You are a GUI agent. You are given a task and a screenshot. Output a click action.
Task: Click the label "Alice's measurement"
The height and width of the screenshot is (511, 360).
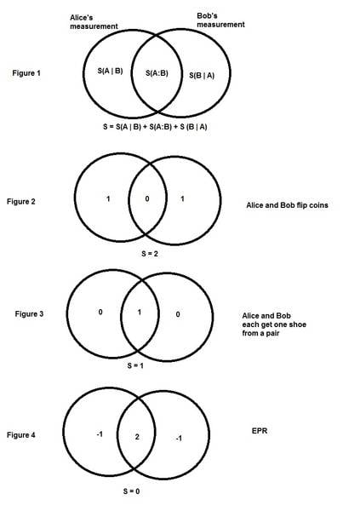coord(94,22)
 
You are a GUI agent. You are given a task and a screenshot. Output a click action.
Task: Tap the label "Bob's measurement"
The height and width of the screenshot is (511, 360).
coord(220,20)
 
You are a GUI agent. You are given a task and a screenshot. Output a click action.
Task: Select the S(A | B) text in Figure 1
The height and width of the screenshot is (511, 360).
coord(110,71)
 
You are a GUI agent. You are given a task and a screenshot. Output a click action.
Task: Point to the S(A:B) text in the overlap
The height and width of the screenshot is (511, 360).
coord(157,73)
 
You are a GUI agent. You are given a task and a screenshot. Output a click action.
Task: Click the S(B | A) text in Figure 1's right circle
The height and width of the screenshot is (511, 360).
coord(202,76)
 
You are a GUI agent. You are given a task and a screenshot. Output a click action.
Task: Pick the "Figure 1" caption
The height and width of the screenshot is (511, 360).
coord(26,73)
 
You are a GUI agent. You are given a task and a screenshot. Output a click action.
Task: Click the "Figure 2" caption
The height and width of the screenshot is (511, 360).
coord(20,201)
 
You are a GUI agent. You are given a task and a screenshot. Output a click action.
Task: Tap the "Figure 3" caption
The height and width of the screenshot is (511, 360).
coord(29,313)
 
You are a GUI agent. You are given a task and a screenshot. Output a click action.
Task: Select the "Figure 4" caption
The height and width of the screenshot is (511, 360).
coord(20,434)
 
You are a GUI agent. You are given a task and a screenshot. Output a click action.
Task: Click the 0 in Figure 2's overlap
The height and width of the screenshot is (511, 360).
coord(147,198)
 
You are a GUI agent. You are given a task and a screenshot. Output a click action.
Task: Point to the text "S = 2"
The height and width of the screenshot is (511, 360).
coord(150,254)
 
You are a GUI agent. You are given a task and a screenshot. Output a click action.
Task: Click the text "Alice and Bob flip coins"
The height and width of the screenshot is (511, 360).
coord(287,205)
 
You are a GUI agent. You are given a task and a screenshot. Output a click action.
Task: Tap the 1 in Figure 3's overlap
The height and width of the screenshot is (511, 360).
coord(140,313)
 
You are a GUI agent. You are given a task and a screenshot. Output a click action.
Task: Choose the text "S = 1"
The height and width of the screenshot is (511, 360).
coord(135,365)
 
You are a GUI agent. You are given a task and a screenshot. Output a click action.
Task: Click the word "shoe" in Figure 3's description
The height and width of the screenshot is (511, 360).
coord(299,324)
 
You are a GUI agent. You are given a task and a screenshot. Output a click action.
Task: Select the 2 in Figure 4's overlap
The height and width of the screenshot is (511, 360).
coord(137,437)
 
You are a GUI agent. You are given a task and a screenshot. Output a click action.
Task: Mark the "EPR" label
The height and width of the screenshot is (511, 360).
coord(260,431)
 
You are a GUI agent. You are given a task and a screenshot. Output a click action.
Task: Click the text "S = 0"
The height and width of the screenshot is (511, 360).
coord(132,491)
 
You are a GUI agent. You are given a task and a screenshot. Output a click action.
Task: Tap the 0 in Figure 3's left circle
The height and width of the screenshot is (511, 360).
coord(100,312)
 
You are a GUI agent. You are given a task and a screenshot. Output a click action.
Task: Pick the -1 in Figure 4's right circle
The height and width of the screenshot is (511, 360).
coord(179,439)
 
